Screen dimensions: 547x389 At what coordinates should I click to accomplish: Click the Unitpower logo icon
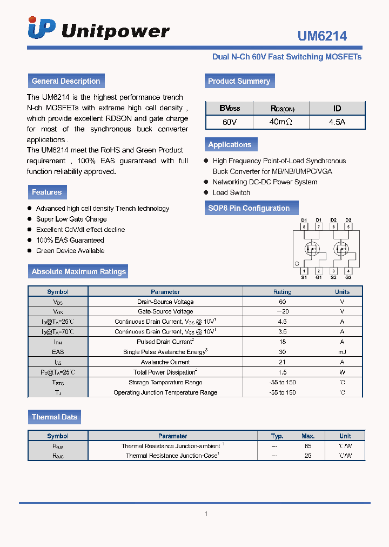(x=42, y=28)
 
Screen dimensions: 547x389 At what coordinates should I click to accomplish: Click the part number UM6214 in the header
(x=322, y=36)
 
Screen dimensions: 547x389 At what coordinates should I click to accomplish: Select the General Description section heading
(x=66, y=81)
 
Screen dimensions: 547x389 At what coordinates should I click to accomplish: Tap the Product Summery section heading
(x=239, y=81)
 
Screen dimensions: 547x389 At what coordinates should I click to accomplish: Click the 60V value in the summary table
(x=230, y=122)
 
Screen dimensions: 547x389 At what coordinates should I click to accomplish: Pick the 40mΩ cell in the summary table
(x=280, y=122)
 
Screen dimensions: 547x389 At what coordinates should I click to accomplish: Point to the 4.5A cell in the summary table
(x=337, y=122)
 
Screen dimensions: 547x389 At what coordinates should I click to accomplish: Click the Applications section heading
(x=230, y=144)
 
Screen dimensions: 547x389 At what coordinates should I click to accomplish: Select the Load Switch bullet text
(x=231, y=192)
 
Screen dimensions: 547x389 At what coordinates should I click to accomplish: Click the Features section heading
(x=47, y=192)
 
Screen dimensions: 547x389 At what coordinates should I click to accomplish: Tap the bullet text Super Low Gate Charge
(x=71, y=219)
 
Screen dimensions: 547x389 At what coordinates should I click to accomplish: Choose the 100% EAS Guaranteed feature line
(x=70, y=240)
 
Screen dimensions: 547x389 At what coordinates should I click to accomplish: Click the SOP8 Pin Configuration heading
(x=249, y=208)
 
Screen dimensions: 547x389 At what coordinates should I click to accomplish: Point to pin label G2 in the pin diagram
(x=348, y=277)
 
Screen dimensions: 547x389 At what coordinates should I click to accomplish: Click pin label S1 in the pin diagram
(x=304, y=277)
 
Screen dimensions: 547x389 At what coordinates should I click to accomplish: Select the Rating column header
(x=282, y=292)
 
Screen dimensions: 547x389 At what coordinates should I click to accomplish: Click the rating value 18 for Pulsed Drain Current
(x=282, y=342)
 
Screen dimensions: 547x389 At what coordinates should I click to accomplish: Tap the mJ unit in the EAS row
(x=342, y=352)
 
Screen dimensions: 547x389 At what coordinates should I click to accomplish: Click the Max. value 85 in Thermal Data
(x=308, y=446)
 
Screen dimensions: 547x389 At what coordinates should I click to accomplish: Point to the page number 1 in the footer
(x=206, y=514)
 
